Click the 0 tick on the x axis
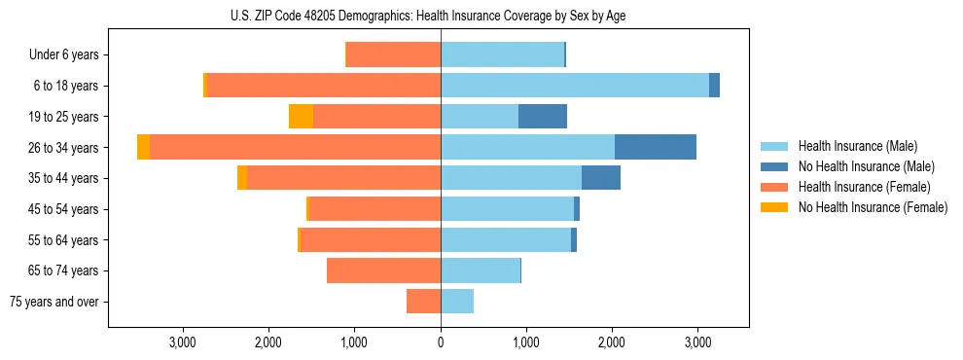pyautogui.click(x=441, y=342)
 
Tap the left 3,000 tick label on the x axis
pyautogui.click(x=184, y=342)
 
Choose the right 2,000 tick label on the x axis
pyautogui.click(x=611, y=342)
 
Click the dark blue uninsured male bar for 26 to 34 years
pyautogui.click(x=656, y=147)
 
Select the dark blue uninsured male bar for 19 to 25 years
pyautogui.click(x=543, y=117)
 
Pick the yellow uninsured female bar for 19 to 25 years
pyautogui.click(x=301, y=117)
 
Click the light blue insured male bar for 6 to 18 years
pyautogui.click(x=574, y=86)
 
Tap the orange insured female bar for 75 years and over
pyautogui.click(x=424, y=302)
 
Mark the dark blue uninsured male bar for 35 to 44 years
pyautogui.click(x=601, y=178)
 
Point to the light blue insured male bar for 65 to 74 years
pyautogui.click(x=481, y=270)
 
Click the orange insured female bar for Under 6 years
pyautogui.click(x=394, y=55)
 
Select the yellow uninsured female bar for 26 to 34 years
pyautogui.click(x=144, y=147)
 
